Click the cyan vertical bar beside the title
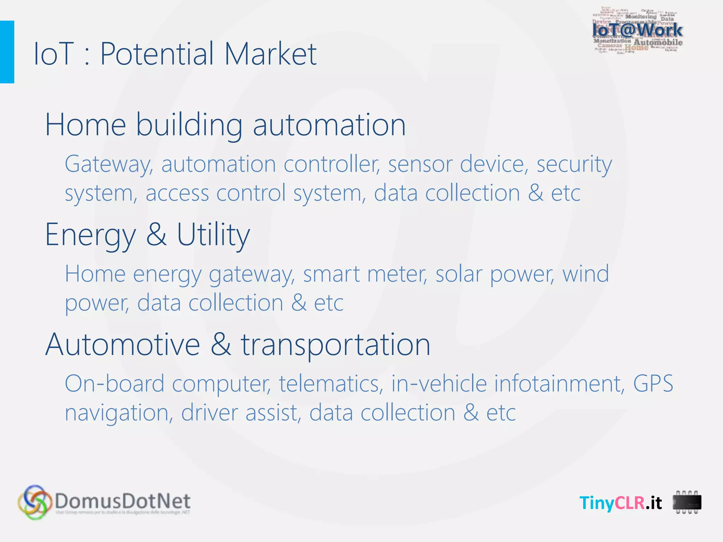click(x=7, y=52)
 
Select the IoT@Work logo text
click(x=637, y=30)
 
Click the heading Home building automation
click(x=225, y=125)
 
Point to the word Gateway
click(x=109, y=164)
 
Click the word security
click(x=574, y=164)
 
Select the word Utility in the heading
click(x=213, y=235)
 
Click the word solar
click(x=458, y=274)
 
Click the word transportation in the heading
click(x=335, y=345)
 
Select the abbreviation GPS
click(x=653, y=384)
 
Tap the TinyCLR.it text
click(x=621, y=502)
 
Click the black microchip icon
click(x=687, y=502)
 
